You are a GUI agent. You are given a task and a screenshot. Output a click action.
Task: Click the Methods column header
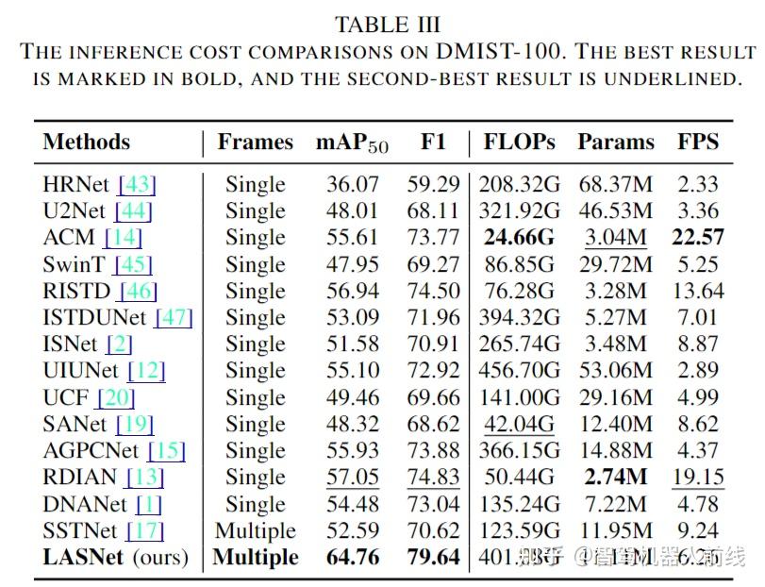tap(87, 143)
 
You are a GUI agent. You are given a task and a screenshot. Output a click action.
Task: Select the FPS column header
tap(698, 143)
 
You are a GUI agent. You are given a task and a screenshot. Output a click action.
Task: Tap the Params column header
tap(614, 143)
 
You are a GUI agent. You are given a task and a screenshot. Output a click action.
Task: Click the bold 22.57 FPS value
tap(698, 238)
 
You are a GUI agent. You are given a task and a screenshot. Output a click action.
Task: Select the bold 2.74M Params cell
tap(614, 478)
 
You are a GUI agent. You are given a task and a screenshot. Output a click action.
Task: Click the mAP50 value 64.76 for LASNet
tap(352, 557)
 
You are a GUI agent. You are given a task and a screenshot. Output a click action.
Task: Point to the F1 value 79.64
tap(433, 557)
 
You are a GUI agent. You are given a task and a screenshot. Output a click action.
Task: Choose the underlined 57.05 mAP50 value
tap(352, 478)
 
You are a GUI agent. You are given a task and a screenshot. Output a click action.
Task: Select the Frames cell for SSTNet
tap(255, 530)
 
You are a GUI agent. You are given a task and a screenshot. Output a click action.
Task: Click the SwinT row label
tap(73, 265)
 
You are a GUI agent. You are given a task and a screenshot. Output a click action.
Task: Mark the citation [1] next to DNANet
tap(150, 504)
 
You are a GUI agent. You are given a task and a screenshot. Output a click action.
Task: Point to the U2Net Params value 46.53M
tap(614, 211)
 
